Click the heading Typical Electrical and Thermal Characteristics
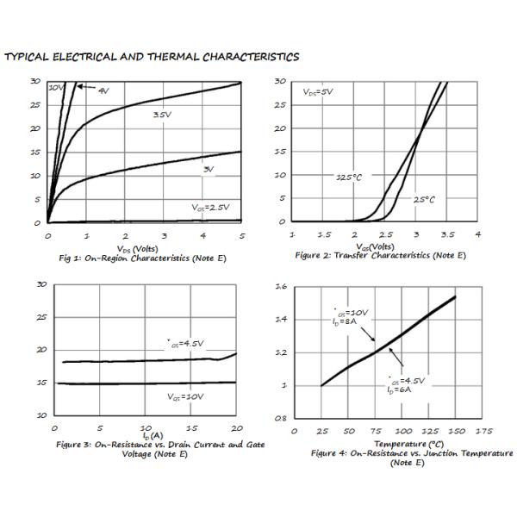coord(152,58)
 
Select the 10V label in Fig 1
coord(56,88)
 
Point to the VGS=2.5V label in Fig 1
coord(210,207)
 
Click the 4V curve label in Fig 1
coord(103,90)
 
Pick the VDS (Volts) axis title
coord(143,248)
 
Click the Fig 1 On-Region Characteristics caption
coord(143,258)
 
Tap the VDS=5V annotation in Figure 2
coord(318,90)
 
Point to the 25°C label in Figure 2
coord(424,199)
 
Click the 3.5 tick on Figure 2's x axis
coord(447,234)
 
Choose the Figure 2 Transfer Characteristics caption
coord(380,255)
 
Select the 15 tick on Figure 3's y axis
coord(41,383)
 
